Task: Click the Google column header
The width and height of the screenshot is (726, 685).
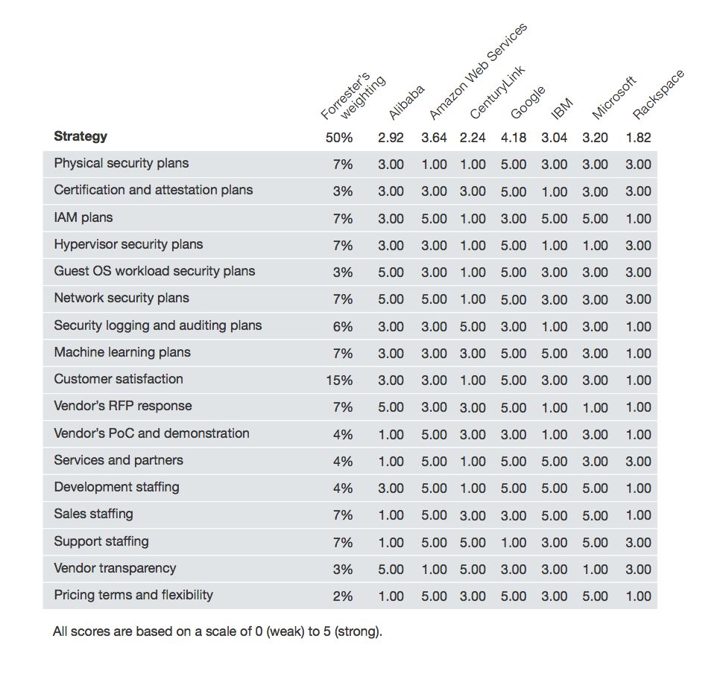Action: pyautogui.click(x=528, y=103)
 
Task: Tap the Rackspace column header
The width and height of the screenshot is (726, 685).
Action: pyautogui.click(x=658, y=95)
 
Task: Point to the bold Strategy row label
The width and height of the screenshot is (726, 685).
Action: pyautogui.click(x=81, y=136)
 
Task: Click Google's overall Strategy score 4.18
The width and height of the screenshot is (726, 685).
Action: pyautogui.click(x=514, y=138)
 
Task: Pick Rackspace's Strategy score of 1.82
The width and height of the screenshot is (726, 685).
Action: pyautogui.click(x=638, y=138)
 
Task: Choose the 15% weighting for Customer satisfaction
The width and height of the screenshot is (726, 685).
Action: pyautogui.click(x=339, y=380)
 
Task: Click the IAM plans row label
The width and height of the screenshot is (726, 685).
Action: pyautogui.click(x=83, y=217)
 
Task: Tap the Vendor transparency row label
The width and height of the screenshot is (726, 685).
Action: pyautogui.click(x=115, y=568)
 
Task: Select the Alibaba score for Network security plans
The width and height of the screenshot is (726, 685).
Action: pyautogui.click(x=391, y=299)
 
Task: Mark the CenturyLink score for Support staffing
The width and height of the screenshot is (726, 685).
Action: pyautogui.click(x=473, y=543)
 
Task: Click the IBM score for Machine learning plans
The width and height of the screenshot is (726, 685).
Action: pyautogui.click(x=554, y=354)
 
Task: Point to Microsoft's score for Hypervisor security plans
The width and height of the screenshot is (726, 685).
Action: pyautogui.click(x=595, y=246)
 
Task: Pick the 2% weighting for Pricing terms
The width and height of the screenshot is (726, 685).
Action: pyautogui.click(x=343, y=596)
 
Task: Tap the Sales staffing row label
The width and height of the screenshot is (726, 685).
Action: pyautogui.click(x=93, y=514)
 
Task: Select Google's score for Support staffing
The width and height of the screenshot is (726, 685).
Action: pyautogui.click(x=514, y=543)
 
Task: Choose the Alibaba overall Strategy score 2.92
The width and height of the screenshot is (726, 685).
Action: pyautogui.click(x=391, y=138)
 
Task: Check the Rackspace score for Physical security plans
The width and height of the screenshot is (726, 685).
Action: pyautogui.click(x=638, y=165)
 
